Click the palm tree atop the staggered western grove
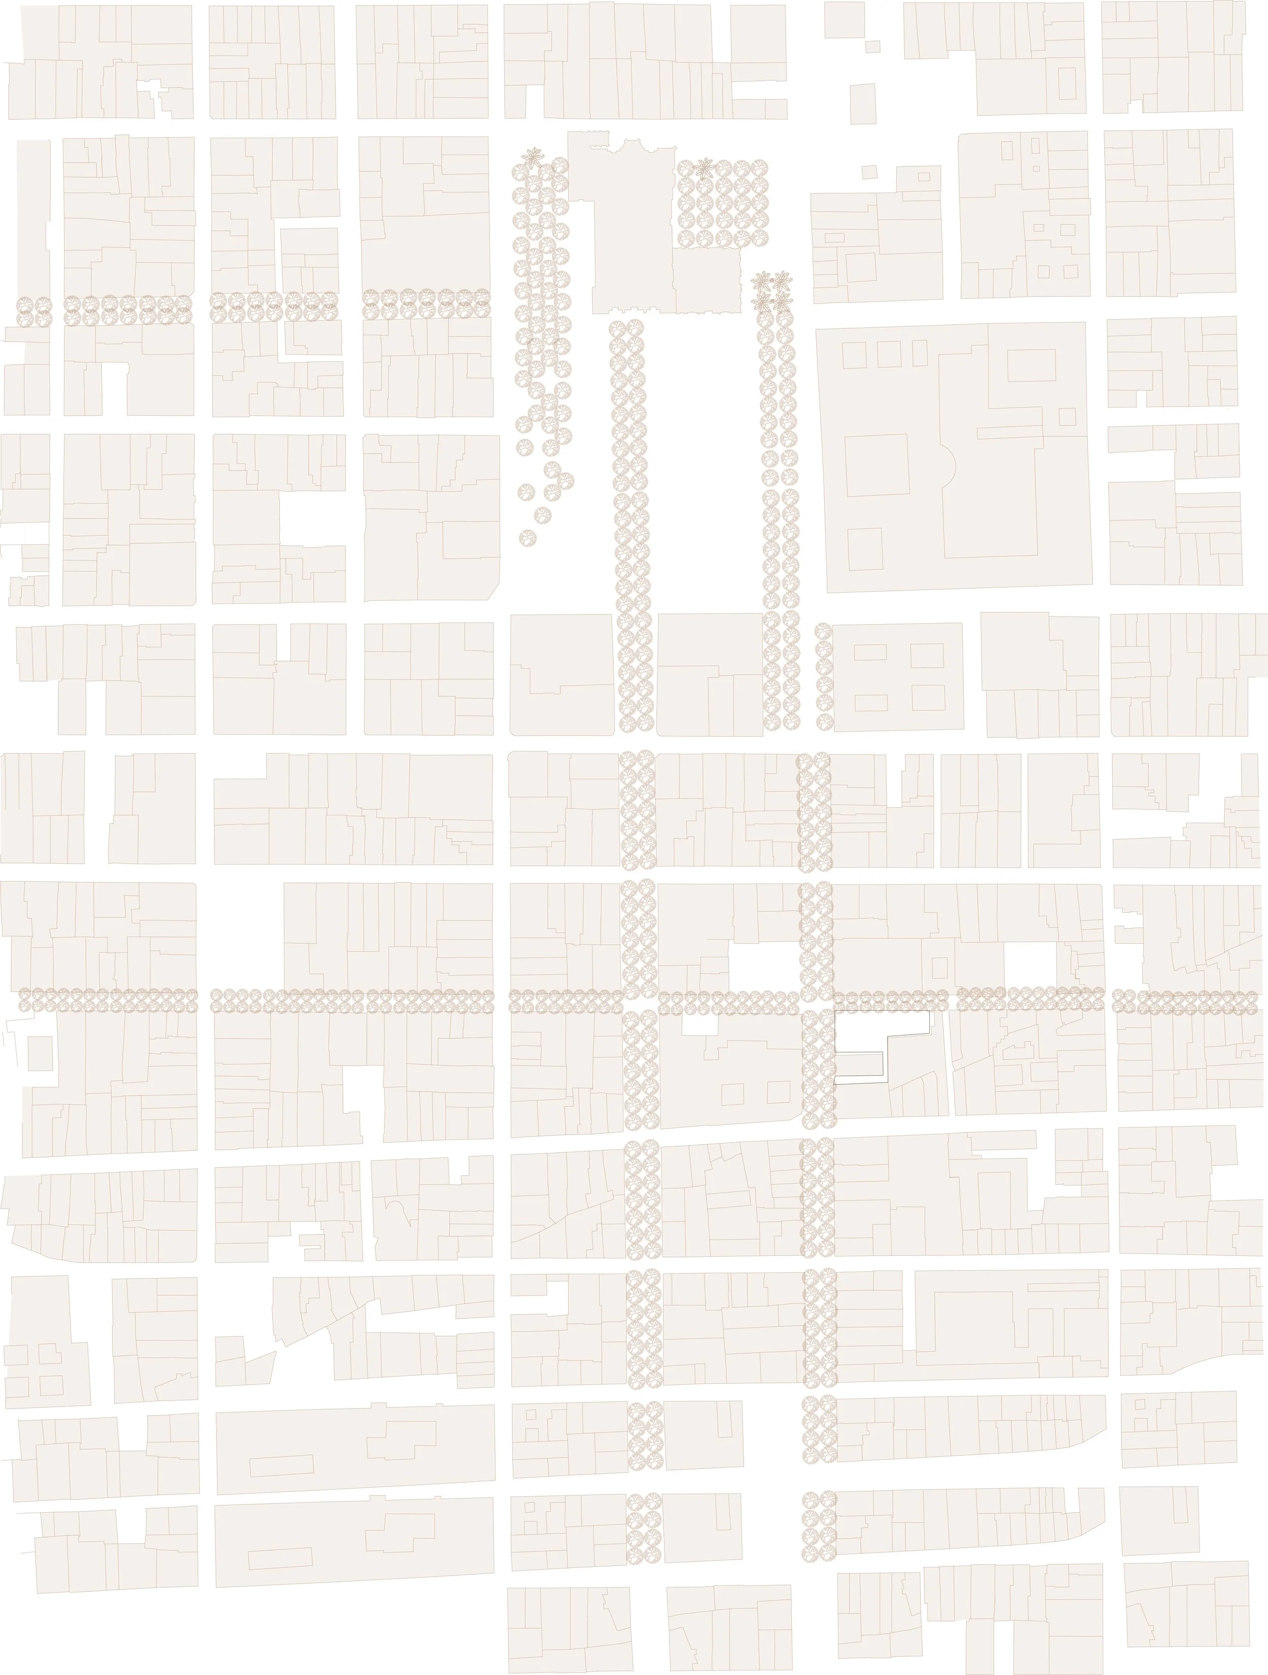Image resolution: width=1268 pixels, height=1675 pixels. [535, 157]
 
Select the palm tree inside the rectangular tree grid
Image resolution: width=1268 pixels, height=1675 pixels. [706, 167]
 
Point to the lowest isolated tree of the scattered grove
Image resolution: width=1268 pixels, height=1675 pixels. [527, 538]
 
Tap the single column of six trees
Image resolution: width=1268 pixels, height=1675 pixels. [824, 676]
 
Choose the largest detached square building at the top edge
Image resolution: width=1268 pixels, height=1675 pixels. [844, 20]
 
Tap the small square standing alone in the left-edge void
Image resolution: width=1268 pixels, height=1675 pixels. [40, 1053]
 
